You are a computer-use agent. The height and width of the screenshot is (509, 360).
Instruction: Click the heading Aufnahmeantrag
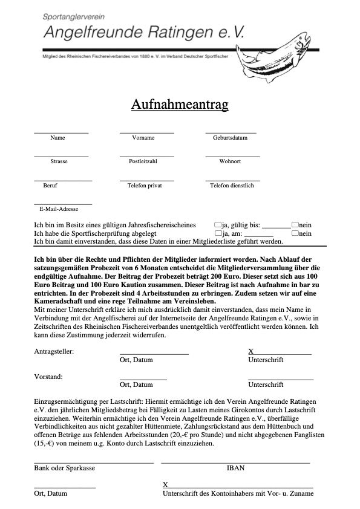point(180,105)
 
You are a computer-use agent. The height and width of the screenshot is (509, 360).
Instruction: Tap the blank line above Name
point(61,132)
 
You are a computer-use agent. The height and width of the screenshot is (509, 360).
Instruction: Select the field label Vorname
point(143,138)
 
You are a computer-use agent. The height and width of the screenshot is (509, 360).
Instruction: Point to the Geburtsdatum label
point(230,138)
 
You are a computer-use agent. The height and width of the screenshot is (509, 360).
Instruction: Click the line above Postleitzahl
point(146,156)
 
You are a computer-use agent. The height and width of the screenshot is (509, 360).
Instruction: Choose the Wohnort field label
point(230,161)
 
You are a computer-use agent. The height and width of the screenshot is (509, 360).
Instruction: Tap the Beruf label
point(51,186)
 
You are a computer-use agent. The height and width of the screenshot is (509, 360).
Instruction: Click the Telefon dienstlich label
point(232,186)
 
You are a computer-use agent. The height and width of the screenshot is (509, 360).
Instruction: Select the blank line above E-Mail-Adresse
point(63,204)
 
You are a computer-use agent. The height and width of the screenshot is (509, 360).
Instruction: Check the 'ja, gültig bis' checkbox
point(218,224)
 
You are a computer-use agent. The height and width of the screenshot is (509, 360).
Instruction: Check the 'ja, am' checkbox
point(218,233)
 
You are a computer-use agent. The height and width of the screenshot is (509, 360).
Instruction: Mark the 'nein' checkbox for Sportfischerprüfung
point(295,233)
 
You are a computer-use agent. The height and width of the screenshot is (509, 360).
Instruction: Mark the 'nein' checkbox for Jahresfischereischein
point(295,224)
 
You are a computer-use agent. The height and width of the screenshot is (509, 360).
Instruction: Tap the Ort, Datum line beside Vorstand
point(143,378)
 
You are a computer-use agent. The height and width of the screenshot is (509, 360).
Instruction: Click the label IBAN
point(235,468)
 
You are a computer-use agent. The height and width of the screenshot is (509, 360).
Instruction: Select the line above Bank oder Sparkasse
point(94,463)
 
